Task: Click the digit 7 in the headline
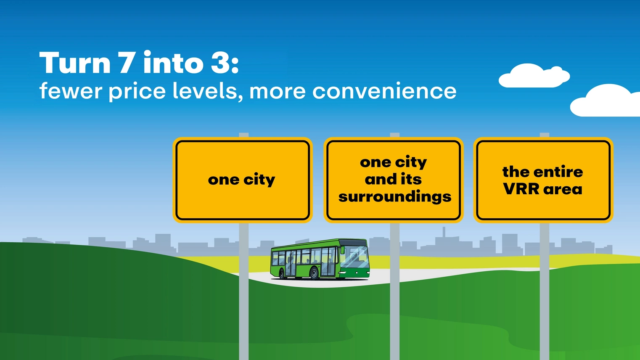click(125, 63)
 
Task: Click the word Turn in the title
click(75, 63)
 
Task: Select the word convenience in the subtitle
click(384, 91)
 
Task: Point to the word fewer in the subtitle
click(71, 90)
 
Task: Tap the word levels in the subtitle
click(208, 91)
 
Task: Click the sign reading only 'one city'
click(243, 180)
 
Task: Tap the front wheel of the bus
click(314, 273)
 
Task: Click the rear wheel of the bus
click(282, 274)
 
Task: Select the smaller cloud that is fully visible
click(534, 76)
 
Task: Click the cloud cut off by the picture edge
click(605, 101)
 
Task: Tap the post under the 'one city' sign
click(244, 291)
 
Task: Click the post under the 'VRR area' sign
click(545, 291)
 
